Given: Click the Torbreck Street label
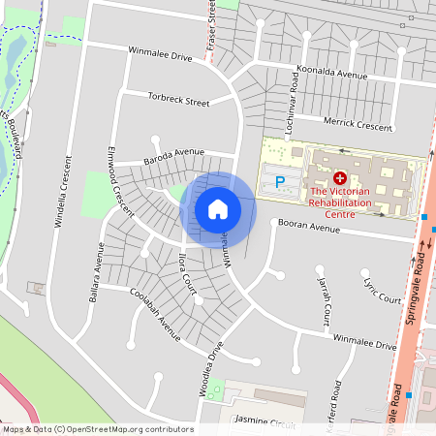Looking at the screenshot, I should point(178,99).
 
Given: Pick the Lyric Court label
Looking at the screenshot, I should point(383,294).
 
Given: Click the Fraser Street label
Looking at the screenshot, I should point(212,25).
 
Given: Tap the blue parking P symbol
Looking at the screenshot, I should point(280,181).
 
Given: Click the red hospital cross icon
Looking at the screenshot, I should point(339,178).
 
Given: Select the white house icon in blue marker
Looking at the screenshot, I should point(218,208).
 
